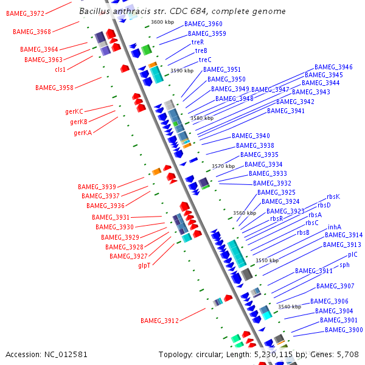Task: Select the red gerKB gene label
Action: pos(78,122)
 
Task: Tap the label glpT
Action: pos(144,265)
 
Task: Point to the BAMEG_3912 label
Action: pos(159,320)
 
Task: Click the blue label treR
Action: pos(198,43)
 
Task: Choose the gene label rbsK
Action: pos(333,196)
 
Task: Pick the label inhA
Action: pos(335,227)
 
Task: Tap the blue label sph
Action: pos(344,265)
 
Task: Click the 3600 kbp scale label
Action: pos(162,22)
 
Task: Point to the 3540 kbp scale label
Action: pos(290,307)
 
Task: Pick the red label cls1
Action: pos(60,69)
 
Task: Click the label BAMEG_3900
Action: pos(344,330)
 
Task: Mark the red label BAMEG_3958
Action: pos(54,88)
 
